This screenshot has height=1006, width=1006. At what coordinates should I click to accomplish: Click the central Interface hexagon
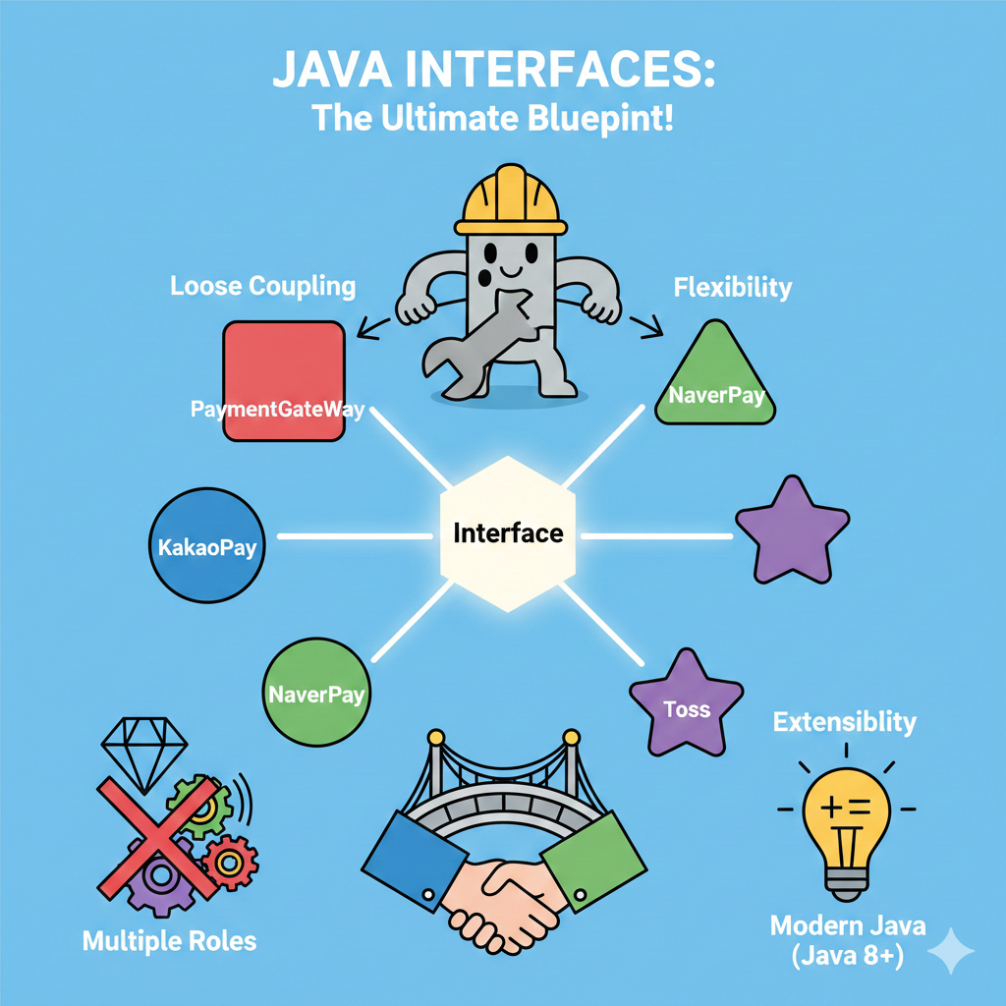pyautogui.click(x=508, y=533)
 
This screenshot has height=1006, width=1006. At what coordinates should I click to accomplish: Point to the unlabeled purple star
pyautogui.click(x=792, y=531)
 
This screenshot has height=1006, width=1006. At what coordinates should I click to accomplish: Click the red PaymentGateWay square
pyautogui.click(x=284, y=380)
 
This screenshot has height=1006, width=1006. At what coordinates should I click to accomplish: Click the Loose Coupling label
pyautogui.click(x=262, y=287)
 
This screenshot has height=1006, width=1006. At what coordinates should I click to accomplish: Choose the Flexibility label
pyautogui.click(x=732, y=288)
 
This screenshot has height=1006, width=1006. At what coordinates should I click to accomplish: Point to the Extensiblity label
pyautogui.click(x=844, y=723)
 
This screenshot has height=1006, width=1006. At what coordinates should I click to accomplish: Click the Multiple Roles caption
pyautogui.click(x=169, y=940)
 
